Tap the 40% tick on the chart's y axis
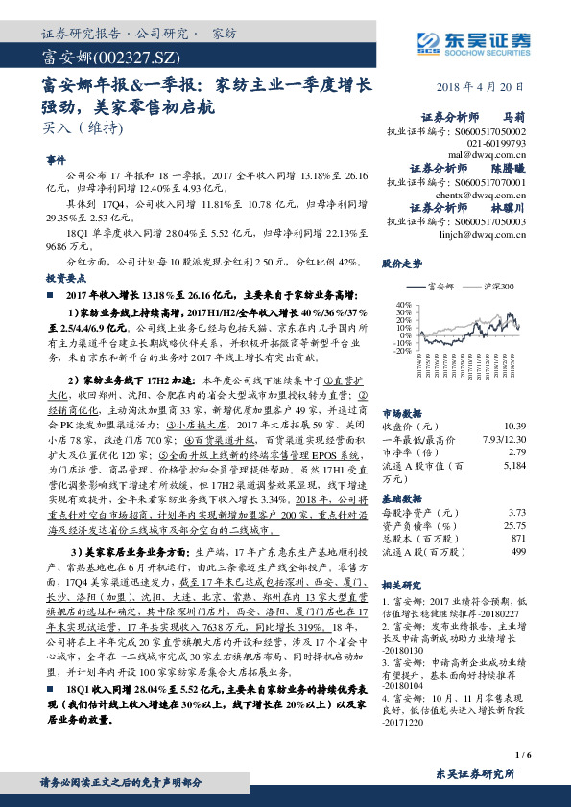[399, 304]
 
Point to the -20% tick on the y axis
[398, 351]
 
